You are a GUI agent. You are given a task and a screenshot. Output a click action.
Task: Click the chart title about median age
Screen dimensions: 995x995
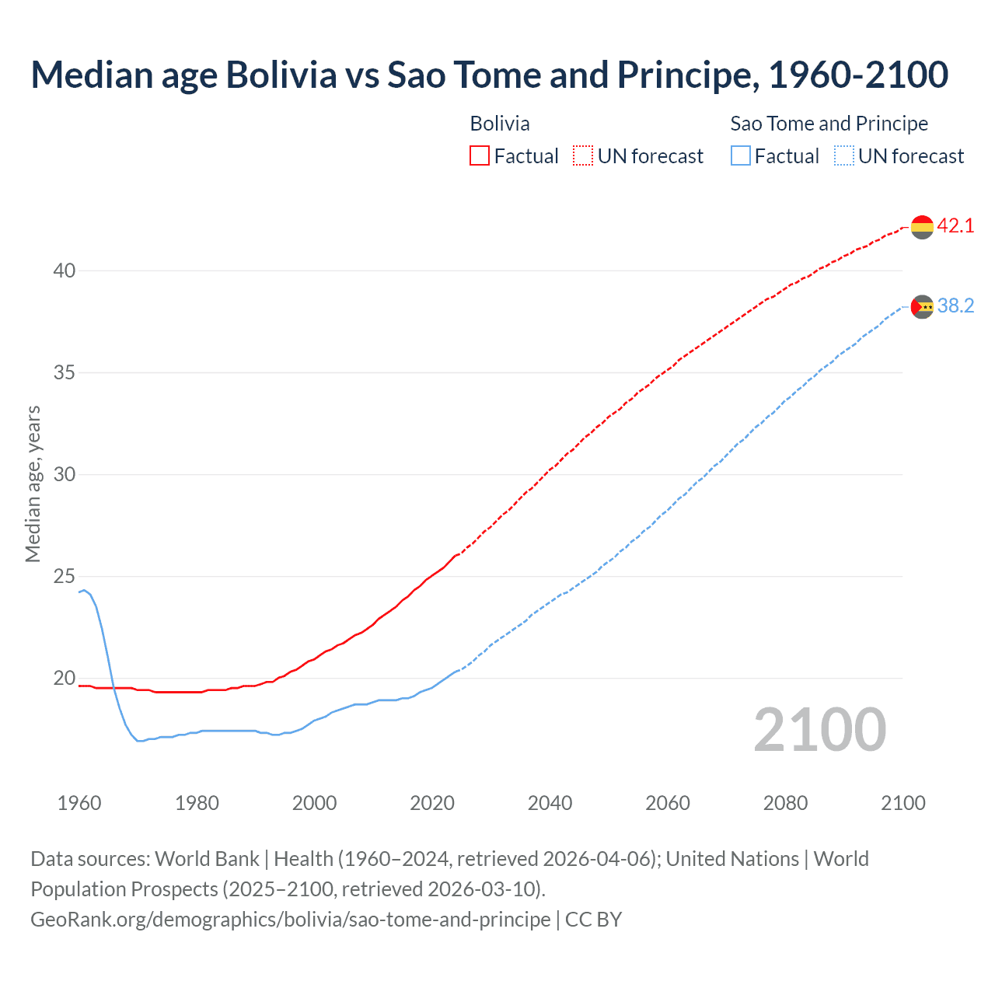(x=489, y=75)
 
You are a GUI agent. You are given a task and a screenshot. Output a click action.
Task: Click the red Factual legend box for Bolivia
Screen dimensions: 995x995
(x=480, y=156)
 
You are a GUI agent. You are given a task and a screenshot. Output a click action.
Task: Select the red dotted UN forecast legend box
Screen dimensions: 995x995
(x=583, y=156)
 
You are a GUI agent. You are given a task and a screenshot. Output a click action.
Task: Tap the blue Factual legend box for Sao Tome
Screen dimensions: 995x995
(x=741, y=156)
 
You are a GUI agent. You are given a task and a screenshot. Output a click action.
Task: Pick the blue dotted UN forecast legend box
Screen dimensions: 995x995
(x=844, y=156)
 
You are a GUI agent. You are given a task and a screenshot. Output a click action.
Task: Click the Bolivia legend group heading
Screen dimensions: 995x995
(x=500, y=124)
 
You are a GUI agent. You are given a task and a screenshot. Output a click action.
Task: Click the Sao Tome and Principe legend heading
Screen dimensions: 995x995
(x=829, y=124)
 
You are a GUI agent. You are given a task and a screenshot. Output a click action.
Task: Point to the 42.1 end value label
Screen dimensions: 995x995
(x=955, y=226)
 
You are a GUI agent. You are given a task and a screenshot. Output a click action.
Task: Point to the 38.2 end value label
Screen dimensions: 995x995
(x=955, y=306)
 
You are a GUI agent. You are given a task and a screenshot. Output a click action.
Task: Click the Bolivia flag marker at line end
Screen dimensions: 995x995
(x=922, y=227)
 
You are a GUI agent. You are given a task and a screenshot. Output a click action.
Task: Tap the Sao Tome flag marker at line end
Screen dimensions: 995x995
(x=922, y=307)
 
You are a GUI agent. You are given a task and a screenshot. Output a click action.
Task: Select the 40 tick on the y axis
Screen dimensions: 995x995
(x=65, y=271)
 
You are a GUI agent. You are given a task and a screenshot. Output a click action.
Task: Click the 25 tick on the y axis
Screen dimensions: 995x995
(x=65, y=577)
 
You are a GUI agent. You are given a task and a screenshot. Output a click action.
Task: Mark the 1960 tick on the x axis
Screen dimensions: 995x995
(x=79, y=803)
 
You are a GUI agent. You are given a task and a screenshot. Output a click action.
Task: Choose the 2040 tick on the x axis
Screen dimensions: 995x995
(x=550, y=803)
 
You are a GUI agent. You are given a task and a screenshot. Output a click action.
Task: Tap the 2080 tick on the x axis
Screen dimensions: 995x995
(x=785, y=803)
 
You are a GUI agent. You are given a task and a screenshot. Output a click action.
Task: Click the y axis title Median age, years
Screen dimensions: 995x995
(x=33, y=484)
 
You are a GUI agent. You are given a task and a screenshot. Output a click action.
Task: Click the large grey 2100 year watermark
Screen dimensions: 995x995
(x=819, y=730)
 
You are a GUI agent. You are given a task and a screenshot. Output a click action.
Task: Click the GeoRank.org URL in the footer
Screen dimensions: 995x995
(x=290, y=920)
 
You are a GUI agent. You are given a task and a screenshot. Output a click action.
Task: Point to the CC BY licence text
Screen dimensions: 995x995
(x=594, y=920)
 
